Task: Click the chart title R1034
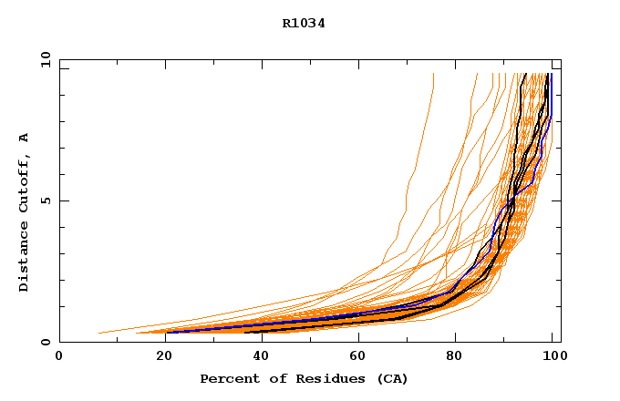point(304,24)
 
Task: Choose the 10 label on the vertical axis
point(44,59)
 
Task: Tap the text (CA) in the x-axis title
point(393,378)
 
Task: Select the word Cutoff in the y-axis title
point(25,183)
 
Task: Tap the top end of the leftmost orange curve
point(433,74)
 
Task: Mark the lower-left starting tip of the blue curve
point(167,332)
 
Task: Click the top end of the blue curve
point(551,74)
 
